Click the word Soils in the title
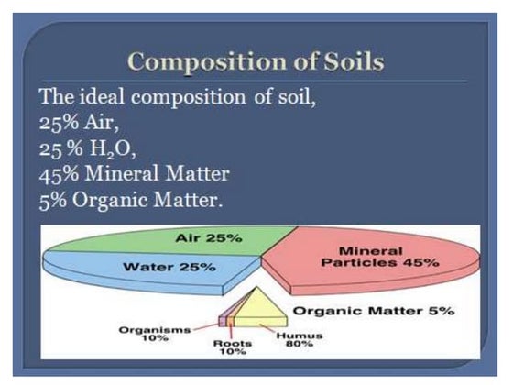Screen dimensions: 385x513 [348, 62]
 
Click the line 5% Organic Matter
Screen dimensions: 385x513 [131, 198]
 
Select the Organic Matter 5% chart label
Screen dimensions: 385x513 [374, 312]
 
